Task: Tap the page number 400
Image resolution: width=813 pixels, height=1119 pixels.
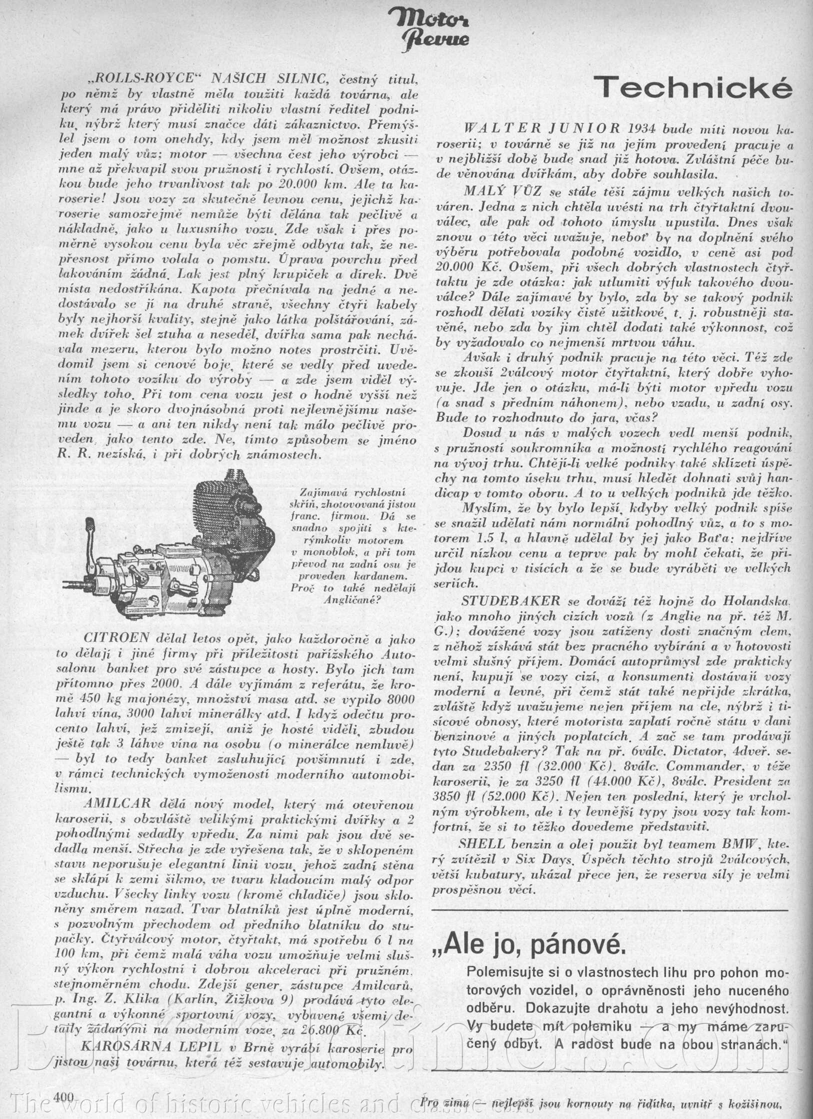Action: coord(62,1096)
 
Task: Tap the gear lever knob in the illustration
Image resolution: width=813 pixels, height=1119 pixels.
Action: coord(90,524)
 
